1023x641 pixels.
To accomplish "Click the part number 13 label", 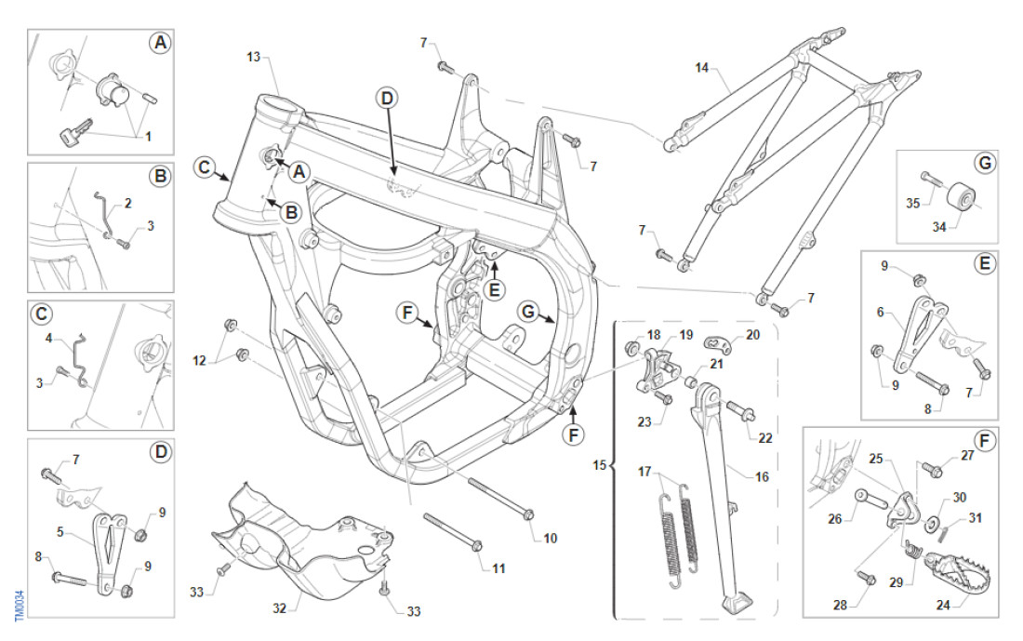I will click(x=253, y=58).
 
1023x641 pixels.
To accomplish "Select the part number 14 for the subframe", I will click(x=702, y=68).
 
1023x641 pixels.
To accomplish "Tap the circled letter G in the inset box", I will click(x=985, y=164).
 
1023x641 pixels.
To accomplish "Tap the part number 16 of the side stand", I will click(x=762, y=476).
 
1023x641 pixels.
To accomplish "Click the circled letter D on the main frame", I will click(x=387, y=98).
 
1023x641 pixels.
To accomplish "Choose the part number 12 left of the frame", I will click(x=197, y=359).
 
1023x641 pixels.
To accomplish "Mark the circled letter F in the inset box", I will click(x=986, y=442).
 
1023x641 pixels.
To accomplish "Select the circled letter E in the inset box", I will click(x=985, y=263).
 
